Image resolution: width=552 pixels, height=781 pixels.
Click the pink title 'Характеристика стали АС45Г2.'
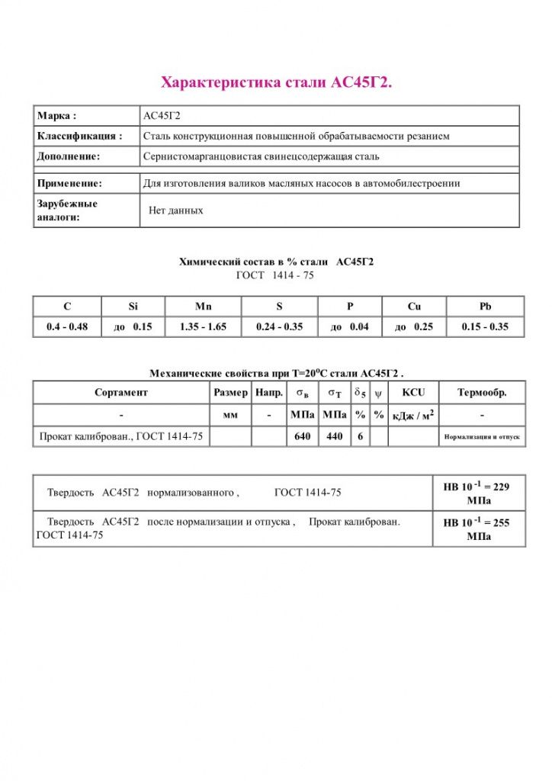tap(276, 82)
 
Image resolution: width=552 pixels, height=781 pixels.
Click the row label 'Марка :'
tap(56, 116)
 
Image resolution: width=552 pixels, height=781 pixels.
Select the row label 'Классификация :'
tap(79, 137)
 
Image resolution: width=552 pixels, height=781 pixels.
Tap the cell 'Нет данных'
tap(176, 210)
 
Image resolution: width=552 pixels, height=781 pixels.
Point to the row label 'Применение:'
tap(69, 184)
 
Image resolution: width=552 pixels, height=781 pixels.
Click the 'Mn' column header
tap(203, 307)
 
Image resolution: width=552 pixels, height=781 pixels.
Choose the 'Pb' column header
tap(486, 307)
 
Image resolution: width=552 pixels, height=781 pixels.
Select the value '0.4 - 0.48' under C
tap(67, 327)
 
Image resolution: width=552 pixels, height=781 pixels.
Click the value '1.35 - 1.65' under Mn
tap(203, 327)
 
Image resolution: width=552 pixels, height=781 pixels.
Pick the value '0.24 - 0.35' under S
tap(279, 327)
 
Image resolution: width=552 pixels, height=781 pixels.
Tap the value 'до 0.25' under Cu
tap(414, 327)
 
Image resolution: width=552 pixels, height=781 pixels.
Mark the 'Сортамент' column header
tap(121, 393)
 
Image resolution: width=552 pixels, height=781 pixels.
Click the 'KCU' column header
tap(413, 393)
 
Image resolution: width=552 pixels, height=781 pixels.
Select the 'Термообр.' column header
tap(482, 393)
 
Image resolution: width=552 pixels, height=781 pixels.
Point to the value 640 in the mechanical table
tap(301, 437)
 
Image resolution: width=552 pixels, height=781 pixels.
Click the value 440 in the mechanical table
tap(334, 437)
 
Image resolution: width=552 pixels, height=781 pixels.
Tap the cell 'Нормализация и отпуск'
tap(482, 438)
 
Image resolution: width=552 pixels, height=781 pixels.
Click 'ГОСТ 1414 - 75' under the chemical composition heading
tap(276, 275)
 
